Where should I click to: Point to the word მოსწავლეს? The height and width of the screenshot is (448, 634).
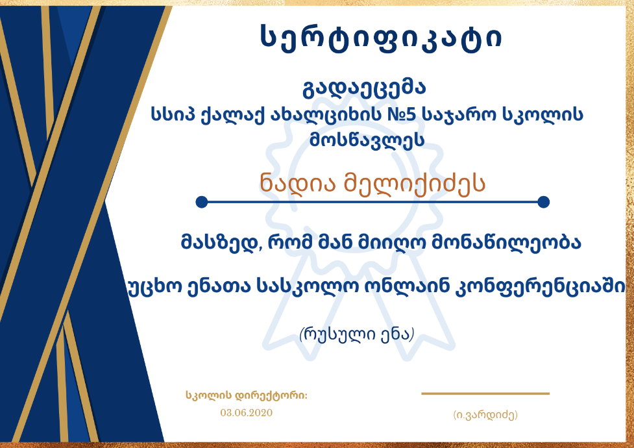pyautogui.click(x=367, y=140)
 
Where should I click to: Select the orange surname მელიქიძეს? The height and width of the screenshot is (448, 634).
pyautogui.click(x=415, y=184)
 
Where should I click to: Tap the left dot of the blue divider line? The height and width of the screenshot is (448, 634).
pyautogui.click(x=202, y=201)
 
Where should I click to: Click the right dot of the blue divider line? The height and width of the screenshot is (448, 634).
pyautogui.click(x=544, y=201)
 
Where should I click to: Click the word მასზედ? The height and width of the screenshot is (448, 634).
pyautogui.click(x=219, y=243)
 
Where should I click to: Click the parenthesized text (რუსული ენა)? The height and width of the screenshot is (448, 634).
pyautogui.click(x=357, y=334)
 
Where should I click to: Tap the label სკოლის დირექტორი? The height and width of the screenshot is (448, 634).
pyautogui.click(x=247, y=395)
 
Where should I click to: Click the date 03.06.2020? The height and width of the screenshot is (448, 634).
pyautogui.click(x=246, y=413)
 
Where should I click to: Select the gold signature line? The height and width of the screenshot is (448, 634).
pyautogui.click(x=485, y=393)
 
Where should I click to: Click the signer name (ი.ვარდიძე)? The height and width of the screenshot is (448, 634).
pyautogui.click(x=485, y=415)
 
